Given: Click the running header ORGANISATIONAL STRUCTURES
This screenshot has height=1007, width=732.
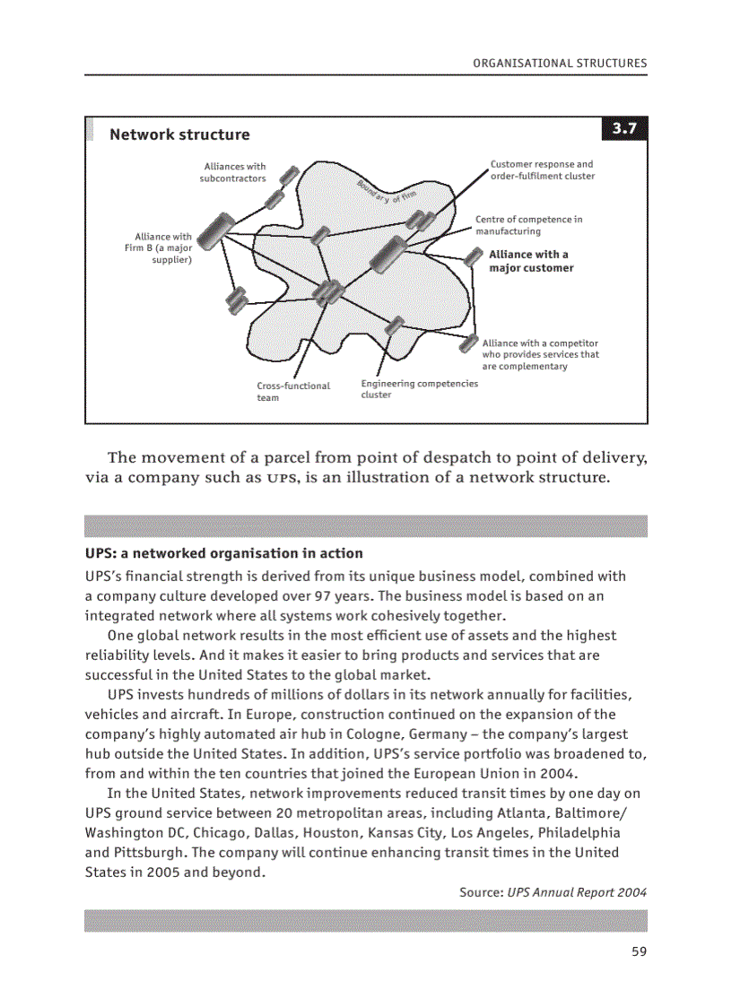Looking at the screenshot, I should click(x=559, y=64).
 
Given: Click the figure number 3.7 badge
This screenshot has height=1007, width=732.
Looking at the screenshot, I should click(x=623, y=129).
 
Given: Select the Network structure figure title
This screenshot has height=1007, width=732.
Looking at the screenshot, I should click(x=179, y=135).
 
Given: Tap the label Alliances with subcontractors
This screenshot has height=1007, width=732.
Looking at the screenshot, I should click(x=233, y=172).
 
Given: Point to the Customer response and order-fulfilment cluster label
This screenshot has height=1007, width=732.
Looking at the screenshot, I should click(x=542, y=170).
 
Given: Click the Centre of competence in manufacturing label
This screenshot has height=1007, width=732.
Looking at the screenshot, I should click(x=528, y=225).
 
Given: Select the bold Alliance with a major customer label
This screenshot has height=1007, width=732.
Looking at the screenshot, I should click(x=530, y=261).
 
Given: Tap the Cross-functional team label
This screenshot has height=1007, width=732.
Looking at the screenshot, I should click(x=293, y=392).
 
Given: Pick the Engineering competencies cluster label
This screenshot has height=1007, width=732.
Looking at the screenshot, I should click(x=419, y=389).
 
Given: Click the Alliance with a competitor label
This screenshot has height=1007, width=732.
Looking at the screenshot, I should click(x=540, y=354).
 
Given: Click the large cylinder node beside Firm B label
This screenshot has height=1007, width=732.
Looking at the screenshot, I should click(x=212, y=230).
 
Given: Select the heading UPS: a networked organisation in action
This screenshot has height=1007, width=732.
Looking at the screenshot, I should click(x=223, y=553).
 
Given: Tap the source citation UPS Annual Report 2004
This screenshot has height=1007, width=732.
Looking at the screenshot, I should click(x=576, y=892).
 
